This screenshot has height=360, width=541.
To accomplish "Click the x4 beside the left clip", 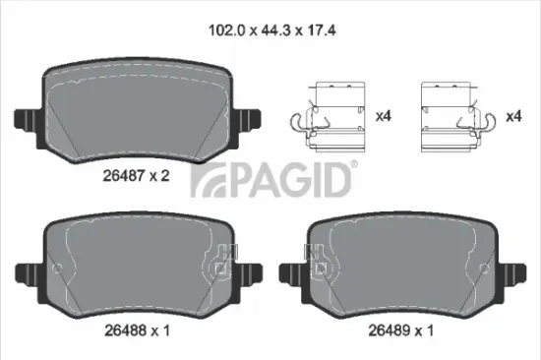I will point(385,116).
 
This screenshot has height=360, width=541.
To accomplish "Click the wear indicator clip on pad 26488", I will point(227,258).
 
